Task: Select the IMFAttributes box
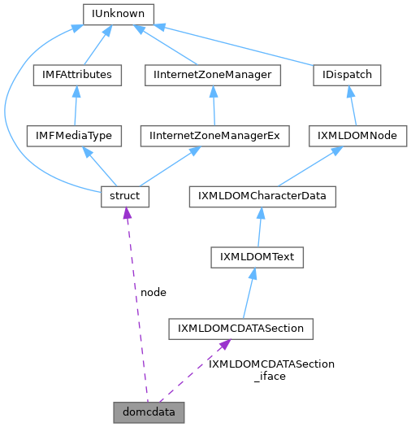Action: point(76,75)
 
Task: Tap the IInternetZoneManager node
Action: point(212,75)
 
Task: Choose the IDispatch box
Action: point(347,75)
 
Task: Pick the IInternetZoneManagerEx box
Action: point(214,136)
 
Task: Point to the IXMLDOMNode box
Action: point(357,136)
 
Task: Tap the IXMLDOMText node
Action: point(257,257)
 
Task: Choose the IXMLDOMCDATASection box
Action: point(240,329)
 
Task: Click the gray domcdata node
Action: point(149,412)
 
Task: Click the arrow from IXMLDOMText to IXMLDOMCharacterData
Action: point(258,227)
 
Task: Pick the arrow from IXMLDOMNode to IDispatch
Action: point(353,106)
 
